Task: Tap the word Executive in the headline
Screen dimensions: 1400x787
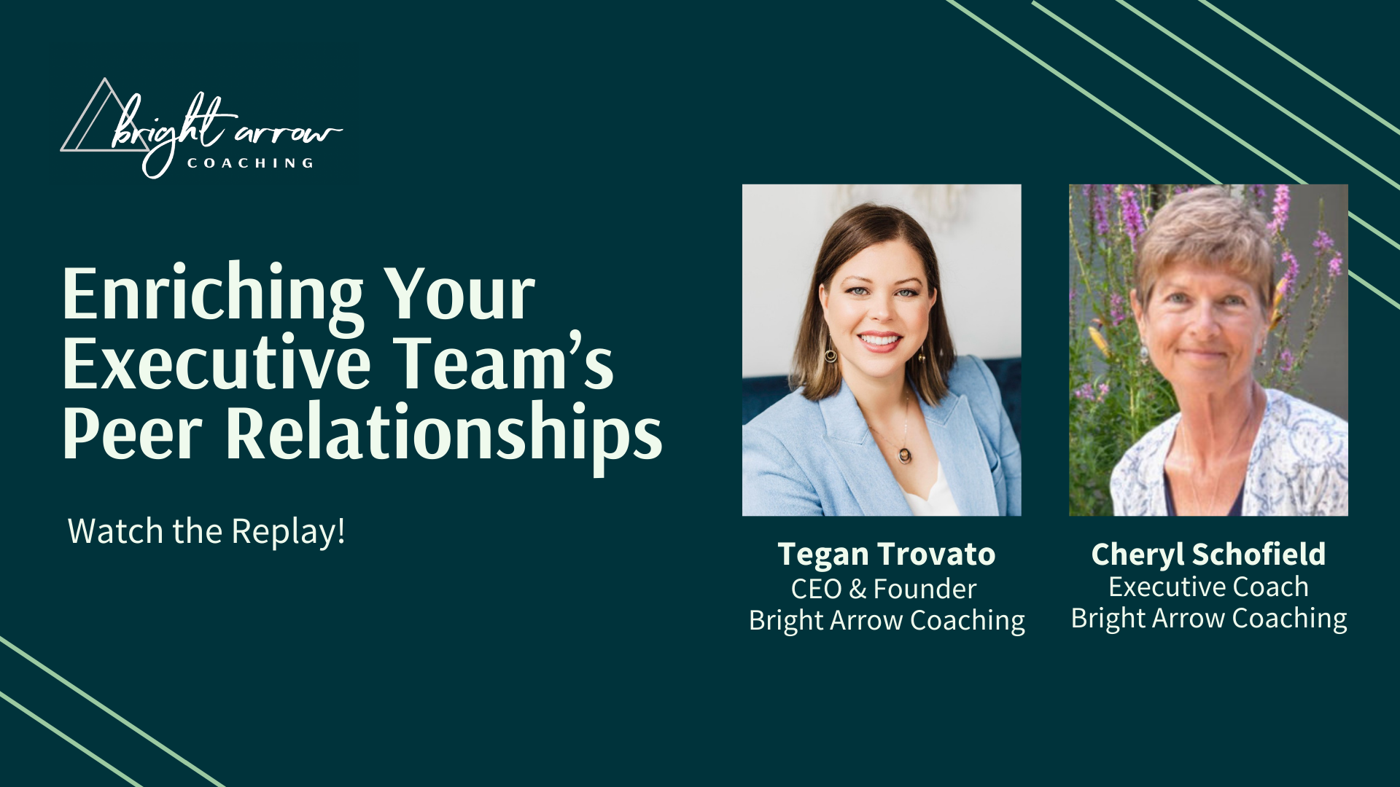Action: pyautogui.click(x=217, y=363)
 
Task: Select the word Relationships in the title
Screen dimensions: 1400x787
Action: pyautogui.click(x=444, y=434)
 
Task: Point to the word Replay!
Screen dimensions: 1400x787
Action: pyautogui.click(x=288, y=532)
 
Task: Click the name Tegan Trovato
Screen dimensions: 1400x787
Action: pyautogui.click(x=887, y=555)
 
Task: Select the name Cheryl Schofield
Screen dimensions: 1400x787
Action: pyautogui.click(x=1208, y=555)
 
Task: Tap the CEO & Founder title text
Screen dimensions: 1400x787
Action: pyautogui.click(x=884, y=589)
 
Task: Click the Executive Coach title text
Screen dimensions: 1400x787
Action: pyautogui.click(x=1208, y=587)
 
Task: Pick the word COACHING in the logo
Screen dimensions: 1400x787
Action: pyautogui.click(x=251, y=163)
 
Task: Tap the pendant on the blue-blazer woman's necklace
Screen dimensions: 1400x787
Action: pyautogui.click(x=905, y=455)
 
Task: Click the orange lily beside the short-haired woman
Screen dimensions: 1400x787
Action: pyautogui.click(x=1097, y=340)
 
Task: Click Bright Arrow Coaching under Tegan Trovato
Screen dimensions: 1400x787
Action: pyautogui.click(x=887, y=621)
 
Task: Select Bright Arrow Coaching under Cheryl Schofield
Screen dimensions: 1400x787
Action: pyautogui.click(x=1209, y=619)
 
